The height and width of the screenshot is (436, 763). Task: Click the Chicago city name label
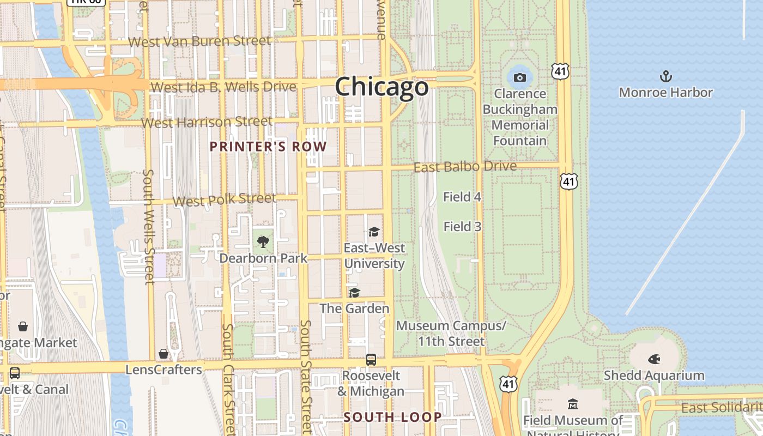(x=381, y=87)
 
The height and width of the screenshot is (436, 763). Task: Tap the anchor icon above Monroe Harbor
(x=665, y=76)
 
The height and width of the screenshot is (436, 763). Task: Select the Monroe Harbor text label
(x=665, y=92)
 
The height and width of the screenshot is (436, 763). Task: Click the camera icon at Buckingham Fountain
(x=520, y=77)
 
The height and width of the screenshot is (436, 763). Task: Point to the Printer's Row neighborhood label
(x=268, y=147)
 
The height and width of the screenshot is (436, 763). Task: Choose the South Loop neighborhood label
(x=392, y=417)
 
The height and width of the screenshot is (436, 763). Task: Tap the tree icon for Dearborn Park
(x=263, y=241)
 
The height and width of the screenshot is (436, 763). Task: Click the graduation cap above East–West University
(x=374, y=232)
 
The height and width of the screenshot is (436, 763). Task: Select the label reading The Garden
(x=354, y=308)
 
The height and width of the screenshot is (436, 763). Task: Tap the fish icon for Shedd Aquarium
(x=654, y=359)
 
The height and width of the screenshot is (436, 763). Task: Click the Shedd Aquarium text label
(x=654, y=376)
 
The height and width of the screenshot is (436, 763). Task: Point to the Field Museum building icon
(x=572, y=404)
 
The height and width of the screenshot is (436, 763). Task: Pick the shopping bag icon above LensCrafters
(x=163, y=354)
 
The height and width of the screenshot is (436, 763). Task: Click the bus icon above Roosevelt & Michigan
(x=371, y=360)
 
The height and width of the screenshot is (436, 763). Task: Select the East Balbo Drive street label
(x=465, y=166)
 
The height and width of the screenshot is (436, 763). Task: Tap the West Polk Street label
(x=224, y=200)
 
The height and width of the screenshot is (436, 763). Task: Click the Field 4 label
(x=462, y=197)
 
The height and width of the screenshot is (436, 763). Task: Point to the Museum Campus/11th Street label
(x=451, y=334)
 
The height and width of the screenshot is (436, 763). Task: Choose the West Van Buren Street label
(x=199, y=41)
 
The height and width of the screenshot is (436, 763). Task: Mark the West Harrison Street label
(x=207, y=122)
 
